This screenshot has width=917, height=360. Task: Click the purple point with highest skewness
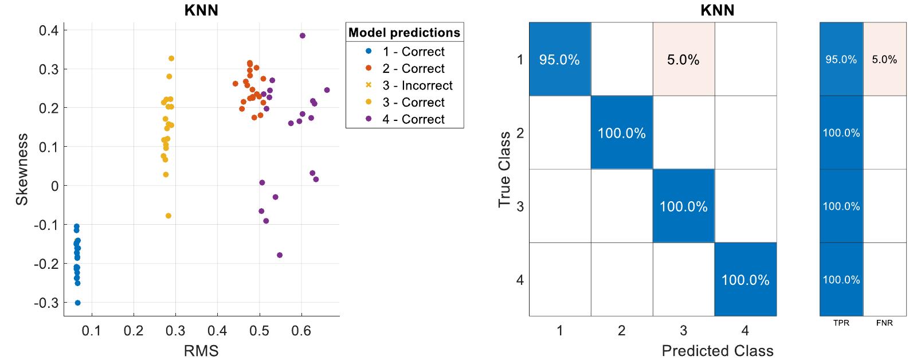303,36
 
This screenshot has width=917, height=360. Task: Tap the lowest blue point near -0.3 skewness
78,303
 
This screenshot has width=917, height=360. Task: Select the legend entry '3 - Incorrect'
417,85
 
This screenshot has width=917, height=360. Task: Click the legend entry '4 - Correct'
413,119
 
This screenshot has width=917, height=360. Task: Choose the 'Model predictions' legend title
404,33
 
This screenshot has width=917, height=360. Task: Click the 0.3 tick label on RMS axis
175,331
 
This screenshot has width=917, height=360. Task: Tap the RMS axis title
201,351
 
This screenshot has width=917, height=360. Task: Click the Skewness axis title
22,169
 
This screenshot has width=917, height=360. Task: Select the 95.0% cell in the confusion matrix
559,60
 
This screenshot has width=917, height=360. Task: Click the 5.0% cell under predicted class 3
683,60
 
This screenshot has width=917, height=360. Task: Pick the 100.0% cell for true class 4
745,280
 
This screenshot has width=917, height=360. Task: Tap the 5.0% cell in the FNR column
884,60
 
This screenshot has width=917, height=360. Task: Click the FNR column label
884,323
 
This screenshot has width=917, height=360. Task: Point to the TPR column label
841,323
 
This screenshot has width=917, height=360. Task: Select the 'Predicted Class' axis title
717,351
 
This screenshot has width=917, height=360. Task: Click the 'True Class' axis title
504,169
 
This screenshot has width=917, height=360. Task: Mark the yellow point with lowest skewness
168,216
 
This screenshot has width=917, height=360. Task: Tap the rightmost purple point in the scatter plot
327,90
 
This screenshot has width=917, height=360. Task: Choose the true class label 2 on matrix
520,133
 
